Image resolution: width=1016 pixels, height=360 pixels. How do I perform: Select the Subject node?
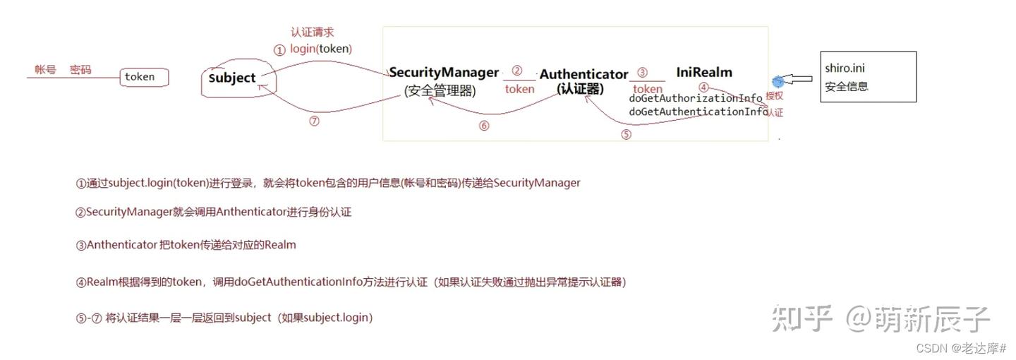tap(232, 78)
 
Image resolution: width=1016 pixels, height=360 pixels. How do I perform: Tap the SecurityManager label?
tap(444, 72)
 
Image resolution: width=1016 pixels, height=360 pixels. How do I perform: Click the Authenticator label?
tap(583, 74)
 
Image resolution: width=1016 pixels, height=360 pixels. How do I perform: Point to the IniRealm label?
tap(704, 72)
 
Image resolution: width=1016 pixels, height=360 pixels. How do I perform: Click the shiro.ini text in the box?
tap(845, 68)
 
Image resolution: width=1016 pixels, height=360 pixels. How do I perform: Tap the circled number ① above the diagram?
tap(280, 50)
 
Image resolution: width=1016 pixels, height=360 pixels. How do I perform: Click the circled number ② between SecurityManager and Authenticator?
tap(517, 71)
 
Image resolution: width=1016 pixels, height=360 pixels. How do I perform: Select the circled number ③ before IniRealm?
tap(642, 72)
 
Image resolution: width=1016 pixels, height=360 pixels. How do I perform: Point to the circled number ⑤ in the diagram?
tap(626, 135)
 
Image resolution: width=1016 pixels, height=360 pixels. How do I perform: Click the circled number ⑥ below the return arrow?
tap(483, 126)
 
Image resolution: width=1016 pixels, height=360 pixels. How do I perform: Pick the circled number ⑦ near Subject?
tap(314, 121)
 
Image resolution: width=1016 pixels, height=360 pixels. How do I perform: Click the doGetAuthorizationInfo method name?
tap(696, 98)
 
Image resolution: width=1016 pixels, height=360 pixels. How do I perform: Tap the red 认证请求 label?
tap(312, 32)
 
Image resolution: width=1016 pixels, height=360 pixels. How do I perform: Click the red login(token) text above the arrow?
tap(320, 49)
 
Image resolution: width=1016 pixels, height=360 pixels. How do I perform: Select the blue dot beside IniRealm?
tap(778, 82)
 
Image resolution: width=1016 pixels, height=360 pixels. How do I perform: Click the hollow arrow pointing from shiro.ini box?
tap(800, 80)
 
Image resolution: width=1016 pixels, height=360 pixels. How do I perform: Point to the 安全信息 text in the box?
tap(847, 86)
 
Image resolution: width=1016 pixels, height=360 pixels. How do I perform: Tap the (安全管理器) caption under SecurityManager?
tap(440, 90)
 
